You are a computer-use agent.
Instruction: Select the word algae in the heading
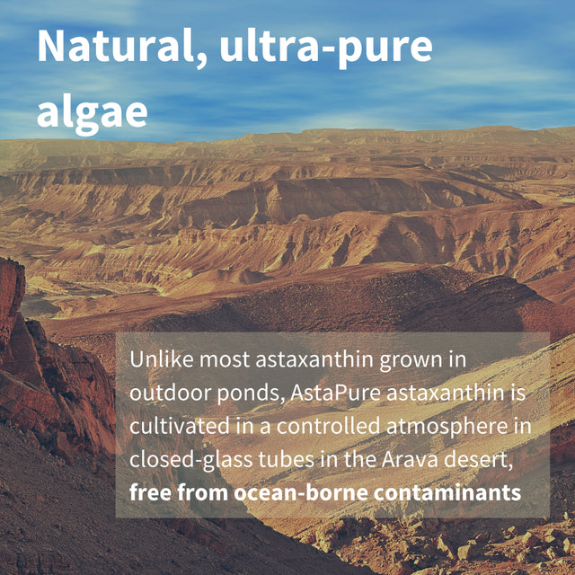(x=92, y=111)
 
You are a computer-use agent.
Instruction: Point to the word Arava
(x=395, y=460)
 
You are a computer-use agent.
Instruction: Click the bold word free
(x=147, y=492)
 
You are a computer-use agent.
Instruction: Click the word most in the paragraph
(x=228, y=360)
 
